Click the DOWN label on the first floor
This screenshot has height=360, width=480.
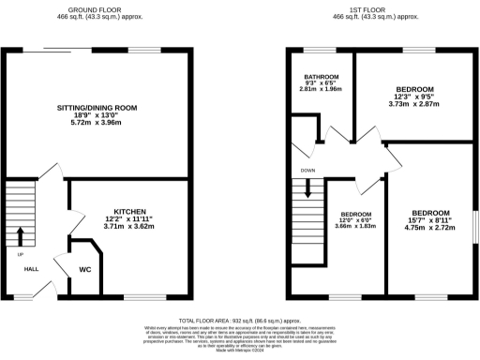[x=307, y=171]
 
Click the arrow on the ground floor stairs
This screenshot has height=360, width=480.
[x=20, y=233]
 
